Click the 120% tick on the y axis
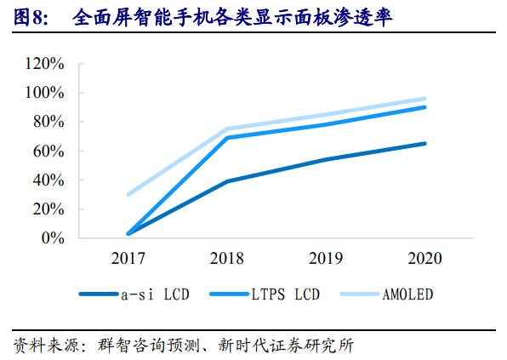coord(46,64)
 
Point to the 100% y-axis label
coord(46,93)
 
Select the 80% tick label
coord(49,122)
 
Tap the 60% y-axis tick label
coord(49,151)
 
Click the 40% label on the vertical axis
coord(49,180)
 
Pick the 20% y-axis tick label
coord(49,209)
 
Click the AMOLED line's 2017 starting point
coord(128,194)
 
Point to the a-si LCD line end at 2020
coord(425,144)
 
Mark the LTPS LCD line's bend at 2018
coord(227,137)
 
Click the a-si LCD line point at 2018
coord(227,181)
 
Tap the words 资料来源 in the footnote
coord(42,346)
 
